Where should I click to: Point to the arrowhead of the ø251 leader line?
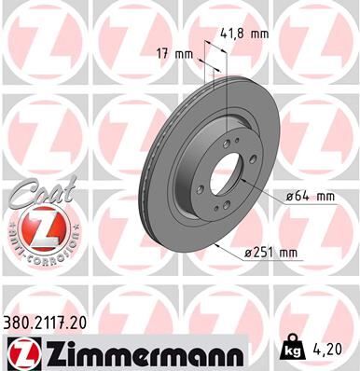click(216, 245)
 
